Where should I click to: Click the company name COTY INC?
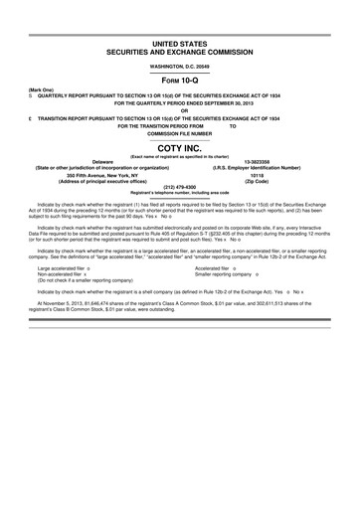pos(180,146)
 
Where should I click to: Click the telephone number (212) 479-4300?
pos(180,185)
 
